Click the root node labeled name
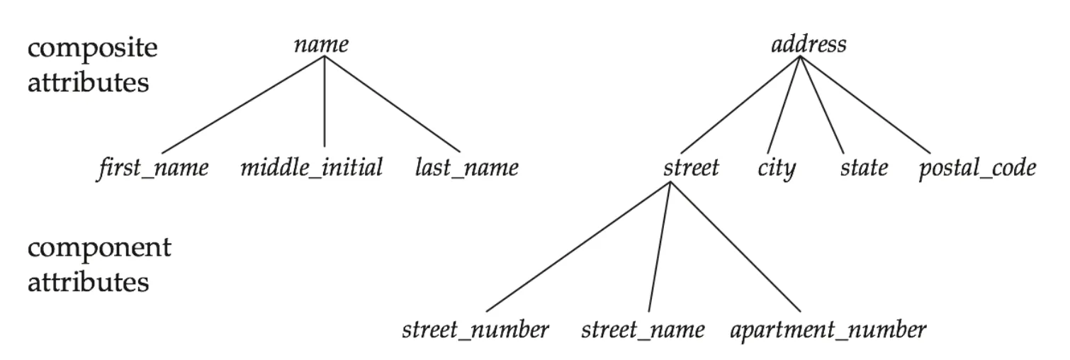tap(321, 45)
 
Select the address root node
tap(808, 45)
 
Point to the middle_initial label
tap(311, 168)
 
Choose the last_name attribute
tap(466, 168)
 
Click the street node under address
tap(691, 168)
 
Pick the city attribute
tap(777, 169)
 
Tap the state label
tap(863, 168)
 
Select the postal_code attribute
tap(976, 169)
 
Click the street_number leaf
tap(475, 330)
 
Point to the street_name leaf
tap(643, 330)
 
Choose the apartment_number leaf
tap(827, 330)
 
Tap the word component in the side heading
tap(99, 249)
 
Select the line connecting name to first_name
tap(243, 104)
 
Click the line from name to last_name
tap(392, 104)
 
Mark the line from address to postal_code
tap(865, 104)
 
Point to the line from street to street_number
tap(578, 247)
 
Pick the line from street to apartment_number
tap(736, 247)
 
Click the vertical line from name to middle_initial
tap(325, 103)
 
